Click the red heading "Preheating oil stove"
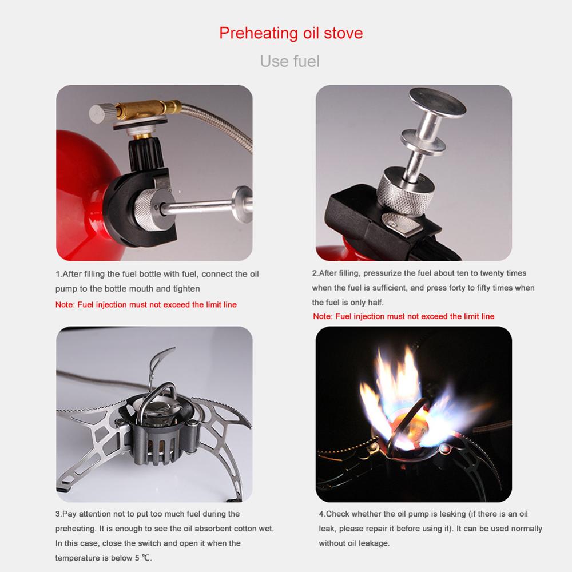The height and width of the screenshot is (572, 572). click(x=291, y=34)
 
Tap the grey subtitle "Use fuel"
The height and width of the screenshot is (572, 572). click(x=290, y=61)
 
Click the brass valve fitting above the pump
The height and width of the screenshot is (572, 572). click(x=148, y=109)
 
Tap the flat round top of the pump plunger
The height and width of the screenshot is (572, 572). click(x=437, y=101)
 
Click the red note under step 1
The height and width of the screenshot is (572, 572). click(x=146, y=305)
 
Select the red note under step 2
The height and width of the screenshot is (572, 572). click(x=404, y=316)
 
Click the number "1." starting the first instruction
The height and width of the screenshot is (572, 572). click(x=59, y=274)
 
